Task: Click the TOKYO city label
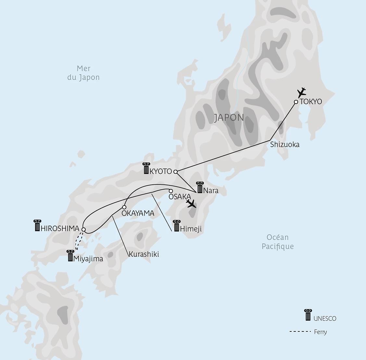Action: coord(311,102)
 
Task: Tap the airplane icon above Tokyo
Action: coord(302,92)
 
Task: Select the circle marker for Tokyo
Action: coord(296,102)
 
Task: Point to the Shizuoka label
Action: coord(284,144)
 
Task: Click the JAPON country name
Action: coord(229,118)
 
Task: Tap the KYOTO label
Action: coord(161,171)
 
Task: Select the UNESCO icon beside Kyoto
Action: coord(146,168)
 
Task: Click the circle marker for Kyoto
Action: coord(175,171)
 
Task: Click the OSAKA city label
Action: coord(180,197)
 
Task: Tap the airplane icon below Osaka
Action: coord(192,204)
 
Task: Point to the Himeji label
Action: coord(191,229)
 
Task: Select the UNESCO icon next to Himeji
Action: coord(177,226)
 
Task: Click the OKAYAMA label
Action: coord(137,213)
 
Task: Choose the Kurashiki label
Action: coord(144,254)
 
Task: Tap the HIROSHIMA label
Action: coord(60,229)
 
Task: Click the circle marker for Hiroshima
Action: coord(83,230)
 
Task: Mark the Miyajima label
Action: coord(88,259)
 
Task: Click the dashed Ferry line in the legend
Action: coord(300,332)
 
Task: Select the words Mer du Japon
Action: coord(83,73)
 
